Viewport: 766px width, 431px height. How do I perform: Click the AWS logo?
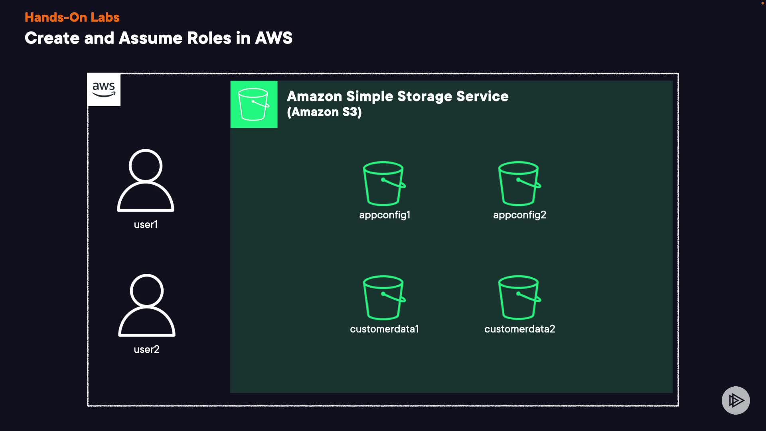tap(104, 89)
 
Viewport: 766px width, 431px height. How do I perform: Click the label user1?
tap(146, 225)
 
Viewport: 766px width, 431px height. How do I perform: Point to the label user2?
tap(146, 350)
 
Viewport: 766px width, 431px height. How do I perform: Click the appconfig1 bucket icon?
tap(384, 183)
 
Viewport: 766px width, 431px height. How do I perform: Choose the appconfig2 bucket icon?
tap(519, 183)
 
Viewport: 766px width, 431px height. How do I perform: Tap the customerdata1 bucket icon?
tap(384, 297)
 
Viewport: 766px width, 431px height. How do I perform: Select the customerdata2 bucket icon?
tap(519, 297)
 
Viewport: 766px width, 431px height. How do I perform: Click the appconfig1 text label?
tap(385, 215)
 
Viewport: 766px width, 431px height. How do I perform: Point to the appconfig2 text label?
tap(519, 215)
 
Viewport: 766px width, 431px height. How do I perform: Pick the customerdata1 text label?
tap(384, 329)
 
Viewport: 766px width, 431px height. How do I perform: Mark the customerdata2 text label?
tap(519, 329)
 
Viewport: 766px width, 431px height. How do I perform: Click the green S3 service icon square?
tap(254, 104)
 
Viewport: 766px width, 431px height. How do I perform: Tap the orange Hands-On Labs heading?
tap(72, 17)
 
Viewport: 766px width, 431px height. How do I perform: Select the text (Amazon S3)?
tap(324, 112)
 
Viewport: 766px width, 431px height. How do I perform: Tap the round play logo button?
tap(736, 400)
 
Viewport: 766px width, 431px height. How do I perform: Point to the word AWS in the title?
tap(274, 38)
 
